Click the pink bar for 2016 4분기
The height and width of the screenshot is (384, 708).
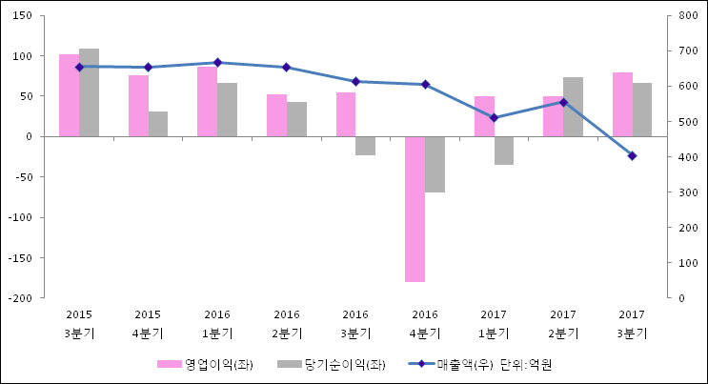[x=415, y=209]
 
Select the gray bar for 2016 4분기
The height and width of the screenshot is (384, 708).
[x=435, y=164]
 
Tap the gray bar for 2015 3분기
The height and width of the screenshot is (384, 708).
[x=89, y=92]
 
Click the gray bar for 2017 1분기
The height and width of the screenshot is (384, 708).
[x=504, y=151]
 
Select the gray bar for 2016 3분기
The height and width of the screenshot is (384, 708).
[x=365, y=146]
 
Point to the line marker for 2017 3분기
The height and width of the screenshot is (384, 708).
[x=632, y=155]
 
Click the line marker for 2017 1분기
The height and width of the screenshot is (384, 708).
[x=494, y=117]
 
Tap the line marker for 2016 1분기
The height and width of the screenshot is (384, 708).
[x=217, y=63]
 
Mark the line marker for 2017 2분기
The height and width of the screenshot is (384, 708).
[x=563, y=102]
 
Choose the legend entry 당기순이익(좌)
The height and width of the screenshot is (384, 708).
[x=333, y=364]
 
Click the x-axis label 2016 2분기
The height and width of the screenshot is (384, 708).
[x=287, y=324]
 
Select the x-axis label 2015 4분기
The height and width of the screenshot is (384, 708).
[x=148, y=324]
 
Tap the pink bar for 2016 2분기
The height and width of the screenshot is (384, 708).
[x=276, y=115]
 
